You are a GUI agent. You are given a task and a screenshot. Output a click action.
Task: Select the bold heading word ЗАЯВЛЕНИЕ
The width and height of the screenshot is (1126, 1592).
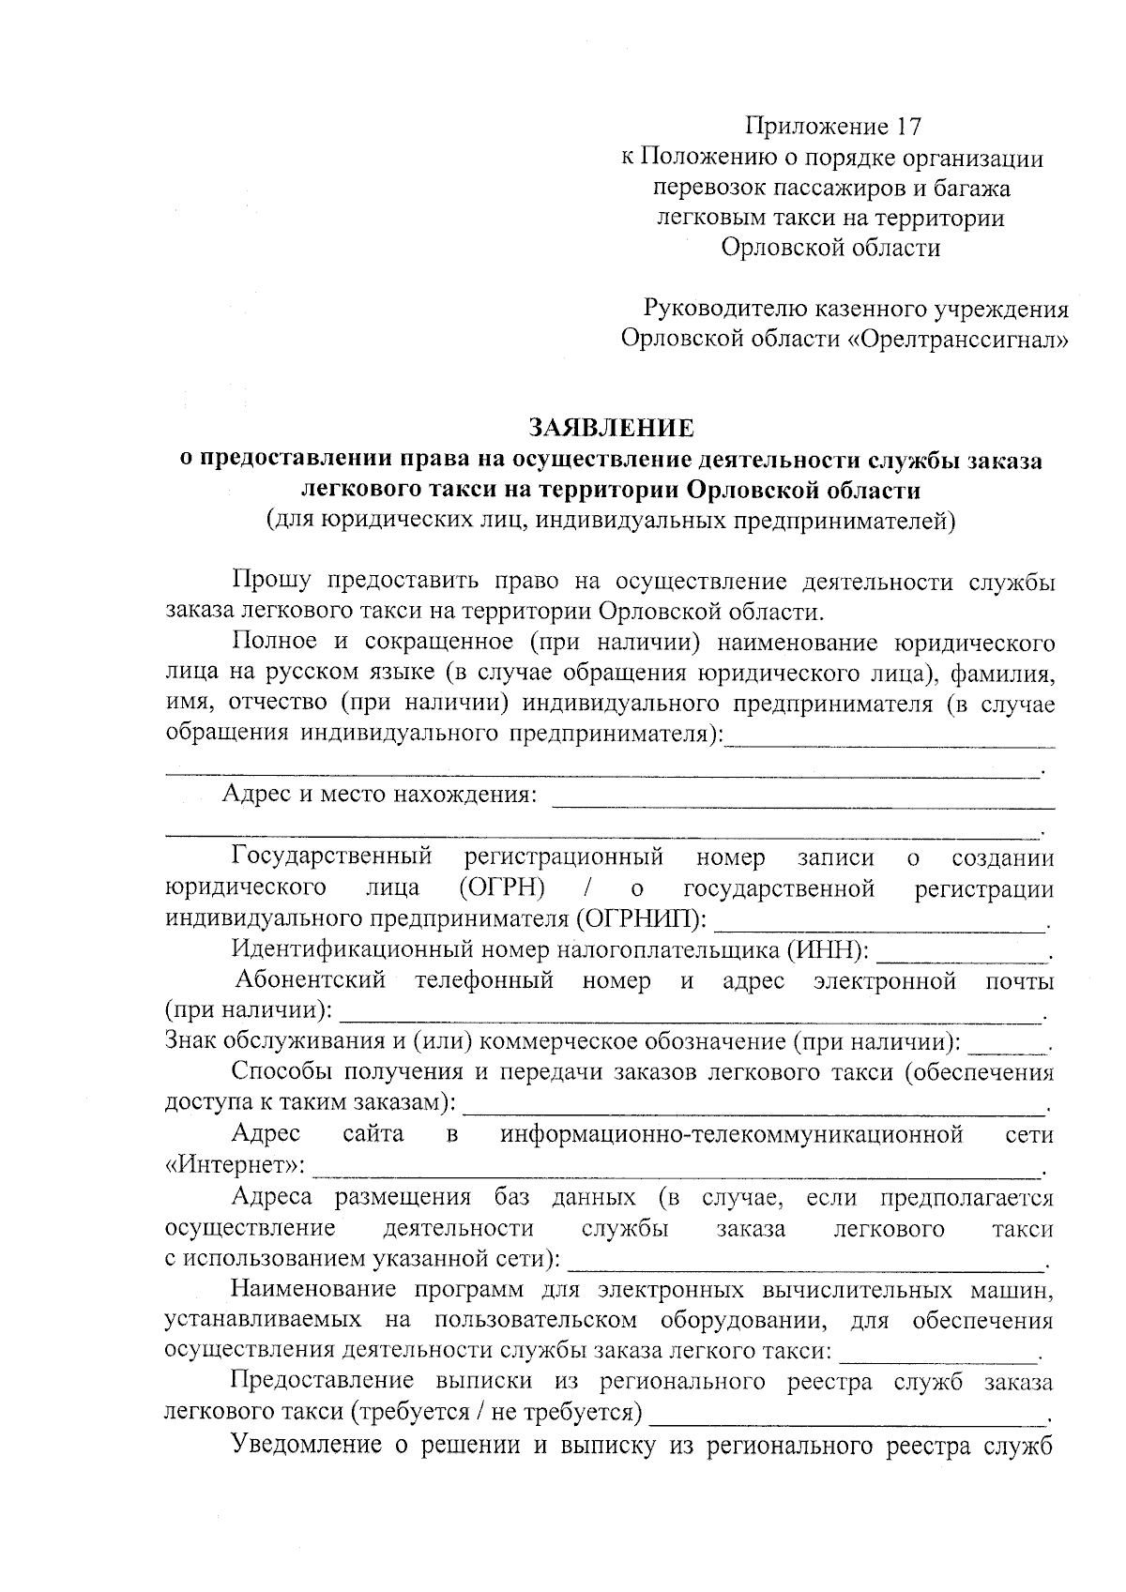click(x=611, y=428)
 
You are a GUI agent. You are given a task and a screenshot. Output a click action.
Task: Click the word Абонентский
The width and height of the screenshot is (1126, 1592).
click(x=311, y=980)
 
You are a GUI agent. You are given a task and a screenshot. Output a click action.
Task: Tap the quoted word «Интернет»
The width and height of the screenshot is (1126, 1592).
click(x=234, y=1166)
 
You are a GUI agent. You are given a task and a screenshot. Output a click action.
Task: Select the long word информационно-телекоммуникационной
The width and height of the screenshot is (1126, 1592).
click(x=731, y=1135)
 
